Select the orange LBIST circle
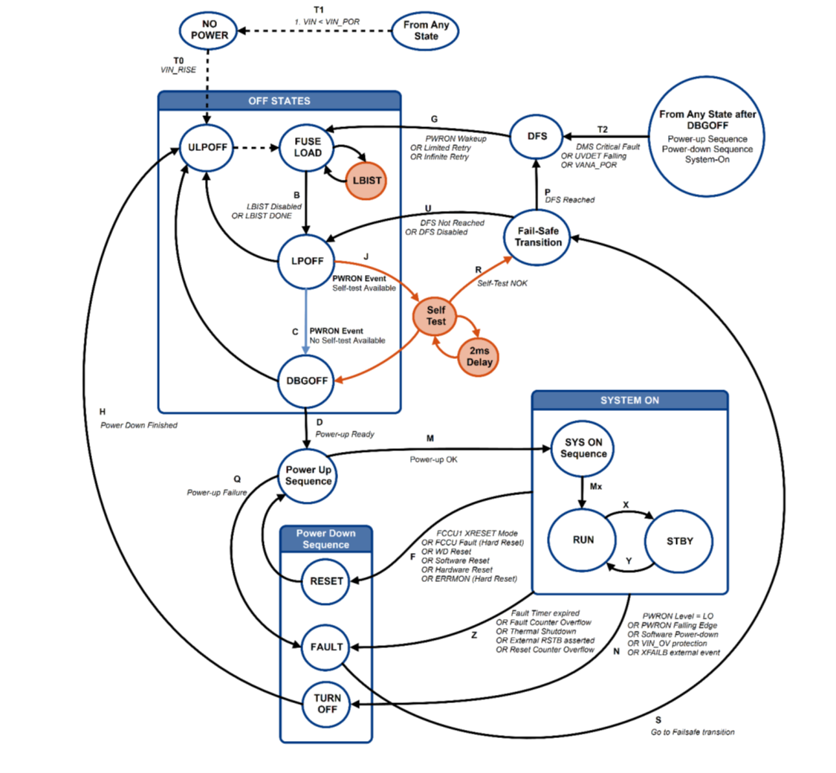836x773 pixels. point(366,181)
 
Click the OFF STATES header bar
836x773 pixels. point(279,100)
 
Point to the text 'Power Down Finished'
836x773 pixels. point(139,426)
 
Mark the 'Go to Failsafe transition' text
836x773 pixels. point(692,732)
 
